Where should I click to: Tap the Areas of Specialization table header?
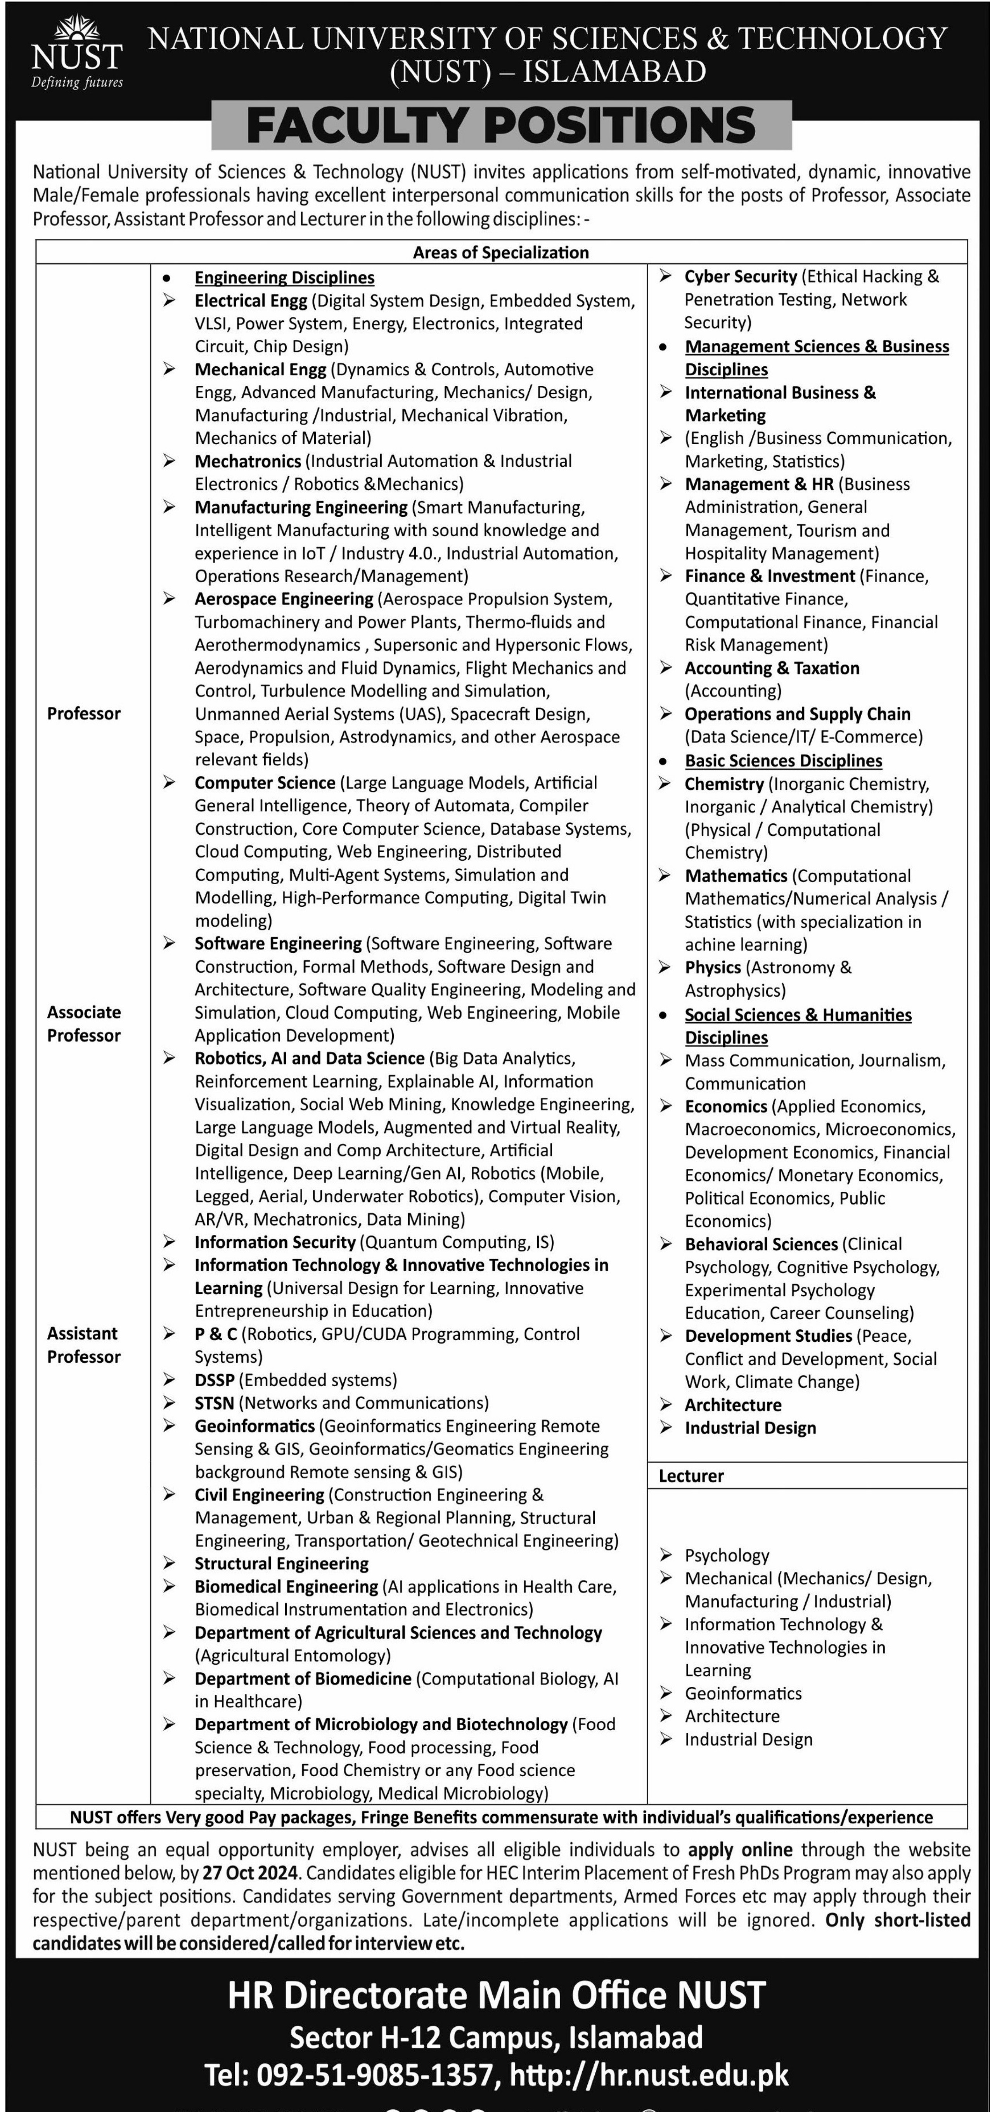pos(500,252)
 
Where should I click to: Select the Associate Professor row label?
pos(84,1023)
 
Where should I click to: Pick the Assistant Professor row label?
pos(84,1344)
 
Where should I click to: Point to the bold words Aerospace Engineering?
pos(284,599)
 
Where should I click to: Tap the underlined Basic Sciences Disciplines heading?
pos(783,761)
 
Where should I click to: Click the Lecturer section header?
pos(691,1476)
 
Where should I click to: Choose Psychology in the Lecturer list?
pos(727,1555)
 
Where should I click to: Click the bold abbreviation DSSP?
pos(214,1380)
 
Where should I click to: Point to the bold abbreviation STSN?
pos(214,1403)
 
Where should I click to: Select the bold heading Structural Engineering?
pos(281,1563)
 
